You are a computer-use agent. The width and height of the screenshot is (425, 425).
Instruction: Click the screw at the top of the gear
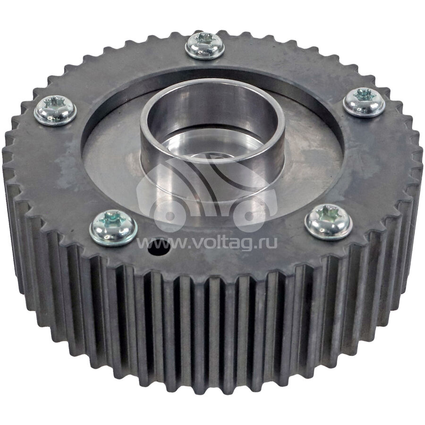204,45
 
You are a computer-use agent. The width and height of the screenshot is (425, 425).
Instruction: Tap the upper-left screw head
55,110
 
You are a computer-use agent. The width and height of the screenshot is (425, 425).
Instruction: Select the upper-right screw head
364,102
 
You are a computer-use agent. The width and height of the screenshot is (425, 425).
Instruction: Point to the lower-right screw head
329,222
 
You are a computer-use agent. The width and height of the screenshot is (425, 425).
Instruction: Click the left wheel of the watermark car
170,216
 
